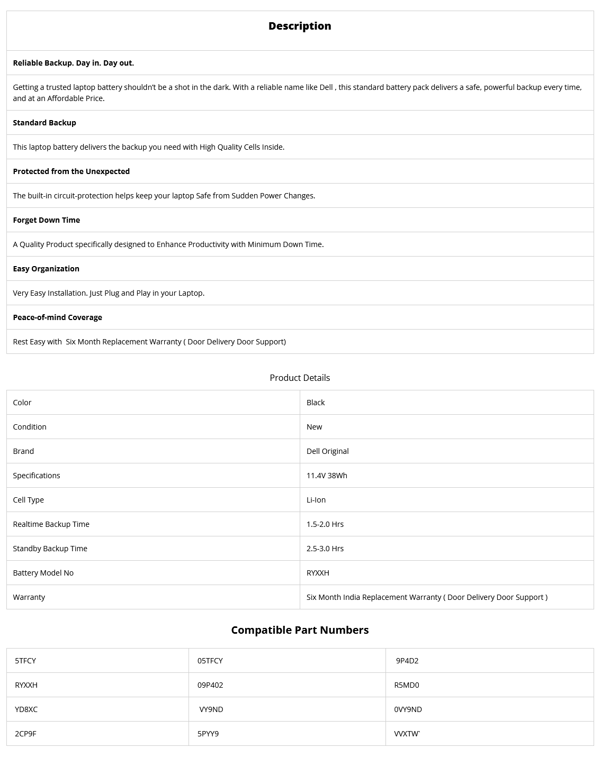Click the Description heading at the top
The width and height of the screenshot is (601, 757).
pyautogui.click(x=300, y=26)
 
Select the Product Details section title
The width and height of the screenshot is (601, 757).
pyautogui.click(x=300, y=378)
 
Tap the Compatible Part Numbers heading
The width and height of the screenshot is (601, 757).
pyautogui.click(x=300, y=630)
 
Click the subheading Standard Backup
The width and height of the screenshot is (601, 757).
pyautogui.click(x=44, y=123)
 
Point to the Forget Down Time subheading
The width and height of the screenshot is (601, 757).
pyautogui.click(x=47, y=220)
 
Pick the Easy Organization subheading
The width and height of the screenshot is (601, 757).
pyautogui.click(x=46, y=269)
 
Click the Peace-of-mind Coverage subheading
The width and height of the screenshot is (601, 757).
pyautogui.click(x=58, y=317)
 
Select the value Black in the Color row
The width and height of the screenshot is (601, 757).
pyautogui.click(x=316, y=403)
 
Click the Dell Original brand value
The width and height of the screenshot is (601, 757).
pyautogui.click(x=327, y=451)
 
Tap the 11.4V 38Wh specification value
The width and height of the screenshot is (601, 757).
pyautogui.click(x=327, y=476)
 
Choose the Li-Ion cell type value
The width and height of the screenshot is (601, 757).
pyautogui.click(x=316, y=500)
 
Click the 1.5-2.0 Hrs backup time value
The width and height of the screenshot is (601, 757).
pyautogui.click(x=325, y=524)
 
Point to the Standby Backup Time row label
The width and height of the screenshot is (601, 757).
pyautogui.click(x=50, y=549)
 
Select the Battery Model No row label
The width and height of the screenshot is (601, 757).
pyautogui.click(x=43, y=573)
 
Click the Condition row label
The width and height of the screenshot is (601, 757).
pyautogui.click(x=30, y=427)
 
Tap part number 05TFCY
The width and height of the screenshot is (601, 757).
pyautogui.click(x=210, y=661)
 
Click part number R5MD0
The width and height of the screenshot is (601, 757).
pyautogui.click(x=407, y=685)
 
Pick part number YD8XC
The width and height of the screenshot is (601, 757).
pyautogui.click(x=26, y=709)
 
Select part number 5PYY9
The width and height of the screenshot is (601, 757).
pyautogui.click(x=208, y=734)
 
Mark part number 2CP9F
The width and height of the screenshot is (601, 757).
pyautogui.click(x=26, y=734)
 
